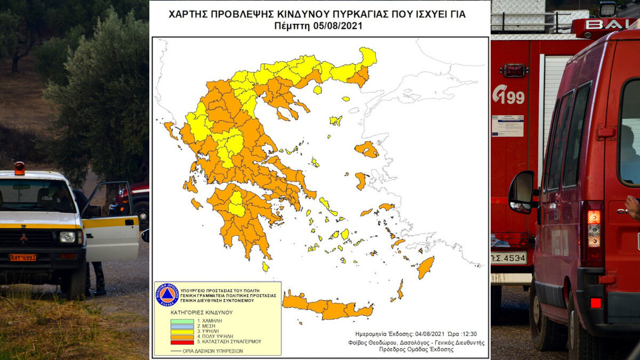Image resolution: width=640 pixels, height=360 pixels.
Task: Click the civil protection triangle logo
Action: coord(166,294)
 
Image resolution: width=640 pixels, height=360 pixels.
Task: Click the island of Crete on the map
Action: coord(325,307)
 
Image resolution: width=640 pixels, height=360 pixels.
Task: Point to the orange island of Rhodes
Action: coord(425,267)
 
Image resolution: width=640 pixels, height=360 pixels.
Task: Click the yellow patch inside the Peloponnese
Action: coord(236,204)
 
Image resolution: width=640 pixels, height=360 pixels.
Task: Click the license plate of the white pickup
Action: coord(23,257)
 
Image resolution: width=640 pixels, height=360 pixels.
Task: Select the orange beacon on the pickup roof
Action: coord(20,168)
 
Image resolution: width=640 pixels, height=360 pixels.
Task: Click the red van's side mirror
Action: coord(522,191)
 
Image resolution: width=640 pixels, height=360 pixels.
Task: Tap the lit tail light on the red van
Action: coord(594,217)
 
